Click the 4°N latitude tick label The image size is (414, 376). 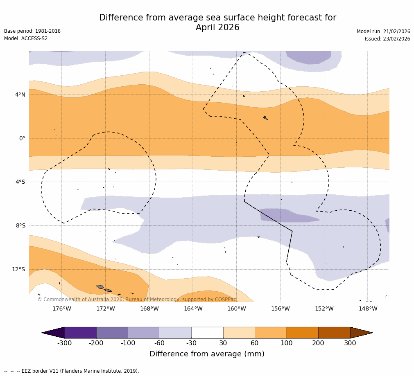pyautogui.click(x=20, y=95)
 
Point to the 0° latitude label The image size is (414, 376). pyautogui.click(x=22, y=138)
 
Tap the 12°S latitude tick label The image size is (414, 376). pyautogui.click(x=18, y=269)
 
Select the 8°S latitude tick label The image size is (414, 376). pyautogui.click(x=20, y=225)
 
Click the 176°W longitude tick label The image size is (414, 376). pyautogui.click(x=61, y=308)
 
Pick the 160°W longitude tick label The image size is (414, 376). pyautogui.click(x=236, y=308)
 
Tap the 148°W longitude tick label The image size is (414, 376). pyautogui.click(x=368, y=308)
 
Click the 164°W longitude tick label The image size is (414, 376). pyautogui.click(x=193, y=308)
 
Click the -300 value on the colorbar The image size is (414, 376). pyautogui.click(x=64, y=343)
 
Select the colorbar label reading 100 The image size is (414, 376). pyautogui.click(x=286, y=343)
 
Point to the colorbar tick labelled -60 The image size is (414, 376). pyautogui.click(x=160, y=343)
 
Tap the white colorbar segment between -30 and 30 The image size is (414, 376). pyautogui.click(x=207, y=333)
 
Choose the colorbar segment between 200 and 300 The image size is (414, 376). pyautogui.click(x=334, y=333)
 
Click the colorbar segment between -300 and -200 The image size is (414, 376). pyautogui.click(x=80, y=333)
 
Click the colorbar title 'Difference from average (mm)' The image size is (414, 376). pyautogui.click(x=207, y=354)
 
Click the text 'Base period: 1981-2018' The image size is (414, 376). pyautogui.click(x=32, y=31)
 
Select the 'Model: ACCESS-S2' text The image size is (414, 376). pyautogui.click(x=26, y=38)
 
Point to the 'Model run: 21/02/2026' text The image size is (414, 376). pyautogui.click(x=383, y=32)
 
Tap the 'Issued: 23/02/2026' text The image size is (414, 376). pyautogui.click(x=387, y=39)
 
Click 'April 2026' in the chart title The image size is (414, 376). pyautogui.click(x=217, y=28)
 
